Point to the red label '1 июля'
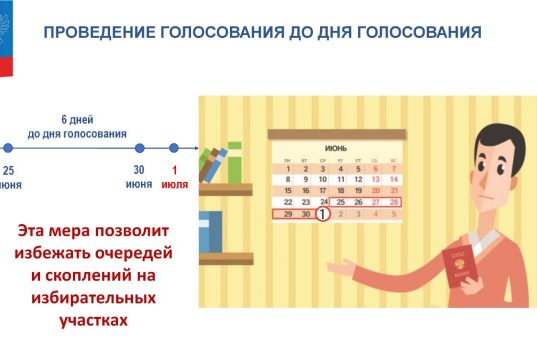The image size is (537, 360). click(174, 177)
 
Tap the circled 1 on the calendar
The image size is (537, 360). click(322, 213)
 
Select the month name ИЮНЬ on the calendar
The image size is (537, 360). click(339, 148)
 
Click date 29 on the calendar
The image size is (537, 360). click(289, 213)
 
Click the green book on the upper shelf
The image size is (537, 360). click(234, 163)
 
